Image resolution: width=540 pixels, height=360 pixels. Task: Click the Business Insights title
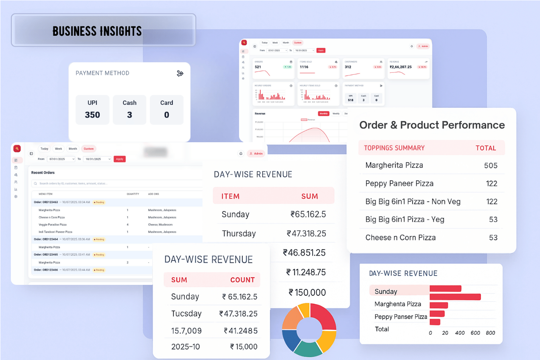(97, 31)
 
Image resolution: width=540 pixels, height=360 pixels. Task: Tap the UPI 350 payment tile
(92, 110)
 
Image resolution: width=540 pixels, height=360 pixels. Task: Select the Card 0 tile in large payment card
(166, 110)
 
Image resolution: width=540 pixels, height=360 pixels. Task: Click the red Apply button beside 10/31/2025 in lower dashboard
(119, 159)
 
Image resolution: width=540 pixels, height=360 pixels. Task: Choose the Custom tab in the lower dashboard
(89, 149)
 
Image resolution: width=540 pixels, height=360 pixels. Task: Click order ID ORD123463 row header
(46, 202)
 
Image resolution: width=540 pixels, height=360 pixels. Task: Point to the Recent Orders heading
(43, 172)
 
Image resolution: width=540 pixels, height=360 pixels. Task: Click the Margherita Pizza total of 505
(491, 166)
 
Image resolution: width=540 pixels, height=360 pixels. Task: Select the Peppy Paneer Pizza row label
(399, 184)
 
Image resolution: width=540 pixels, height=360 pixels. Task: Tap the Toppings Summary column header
(394, 148)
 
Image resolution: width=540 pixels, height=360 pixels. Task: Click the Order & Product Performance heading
(432, 125)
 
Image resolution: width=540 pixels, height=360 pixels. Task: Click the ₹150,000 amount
(307, 292)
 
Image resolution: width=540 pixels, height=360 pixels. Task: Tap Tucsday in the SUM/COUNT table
(186, 313)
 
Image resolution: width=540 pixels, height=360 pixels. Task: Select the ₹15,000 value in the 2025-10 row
(243, 347)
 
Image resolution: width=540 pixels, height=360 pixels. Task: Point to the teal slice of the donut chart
(308, 348)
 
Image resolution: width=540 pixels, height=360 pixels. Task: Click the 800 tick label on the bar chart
(490, 333)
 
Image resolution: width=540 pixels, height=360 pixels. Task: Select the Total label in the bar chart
(382, 329)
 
